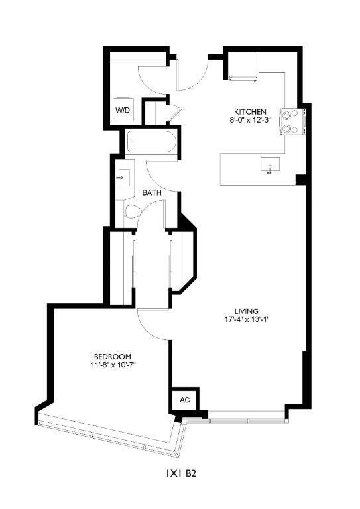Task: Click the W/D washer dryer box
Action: tap(123, 110)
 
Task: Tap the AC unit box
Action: tap(184, 400)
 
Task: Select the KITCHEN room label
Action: tap(249, 111)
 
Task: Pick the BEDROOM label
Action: tap(111, 355)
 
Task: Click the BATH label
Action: tap(152, 193)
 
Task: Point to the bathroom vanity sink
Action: tap(123, 178)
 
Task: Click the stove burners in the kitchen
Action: tap(289, 121)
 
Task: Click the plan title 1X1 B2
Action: tap(180, 475)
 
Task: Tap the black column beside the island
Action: tap(300, 179)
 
